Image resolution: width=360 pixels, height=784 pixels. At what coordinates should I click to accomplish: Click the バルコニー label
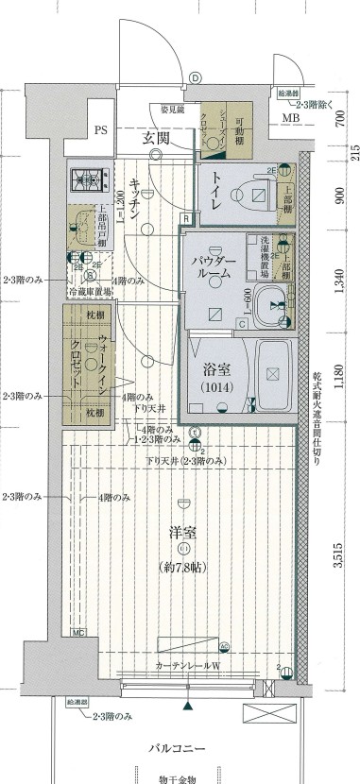click(x=182, y=747)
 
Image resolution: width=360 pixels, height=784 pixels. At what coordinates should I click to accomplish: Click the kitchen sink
click(x=86, y=228)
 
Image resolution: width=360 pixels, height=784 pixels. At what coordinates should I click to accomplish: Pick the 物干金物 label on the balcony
click(x=182, y=778)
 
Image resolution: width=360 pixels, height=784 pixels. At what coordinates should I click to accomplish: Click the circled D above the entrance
click(x=195, y=77)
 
